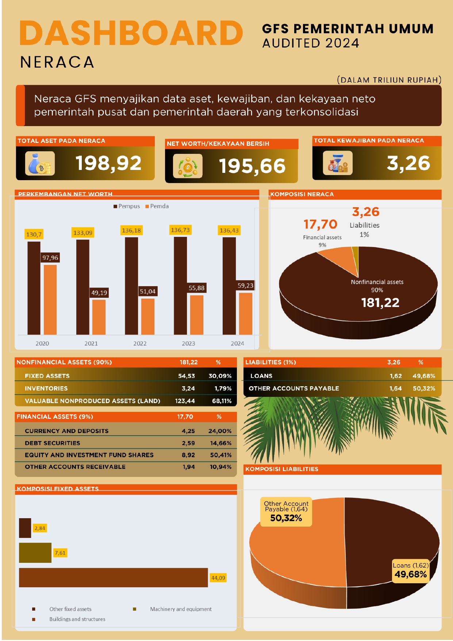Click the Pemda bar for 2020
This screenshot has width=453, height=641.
click(50, 299)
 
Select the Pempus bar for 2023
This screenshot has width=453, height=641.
click(180, 285)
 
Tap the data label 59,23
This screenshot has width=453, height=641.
click(245, 285)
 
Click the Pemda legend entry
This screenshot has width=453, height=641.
click(157, 206)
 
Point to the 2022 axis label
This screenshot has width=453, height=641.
click(140, 344)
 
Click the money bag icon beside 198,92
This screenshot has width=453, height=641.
click(40, 164)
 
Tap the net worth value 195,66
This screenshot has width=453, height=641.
click(252, 166)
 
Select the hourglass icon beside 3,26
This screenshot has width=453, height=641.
click(338, 163)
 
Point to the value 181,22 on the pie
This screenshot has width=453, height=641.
click(380, 303)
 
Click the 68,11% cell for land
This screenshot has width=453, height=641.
click(222, 401)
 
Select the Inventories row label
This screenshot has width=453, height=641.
click(46, 388)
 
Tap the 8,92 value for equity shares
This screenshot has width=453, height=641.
click(188, 455)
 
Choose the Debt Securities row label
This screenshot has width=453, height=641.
click(53, 443)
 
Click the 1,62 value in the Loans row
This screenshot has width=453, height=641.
click(396, 376)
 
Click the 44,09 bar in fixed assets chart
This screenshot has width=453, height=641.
click(113, 577)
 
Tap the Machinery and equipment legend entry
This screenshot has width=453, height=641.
click(181, 609)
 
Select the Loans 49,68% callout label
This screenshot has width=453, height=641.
click(411, 570)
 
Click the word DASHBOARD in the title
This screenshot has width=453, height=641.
click(131, 33)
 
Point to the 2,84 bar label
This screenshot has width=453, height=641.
click(40, 528)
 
